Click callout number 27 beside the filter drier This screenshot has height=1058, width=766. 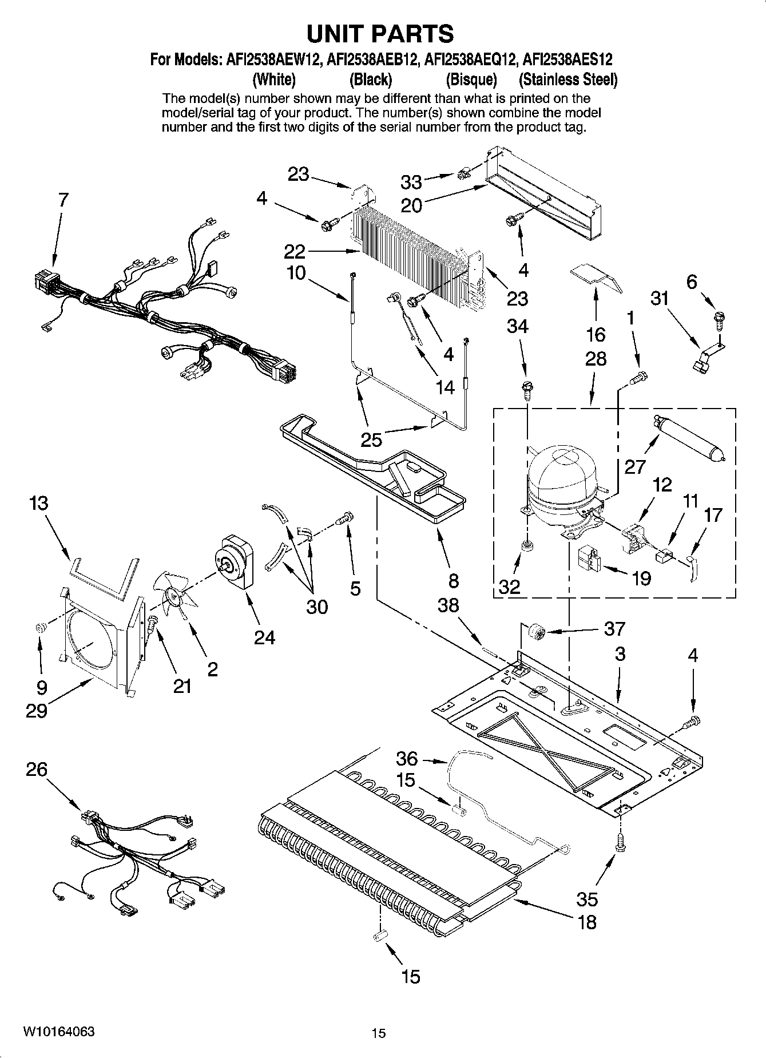click(x=634, y=467)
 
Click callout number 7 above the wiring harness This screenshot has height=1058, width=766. click(x=63, y=200)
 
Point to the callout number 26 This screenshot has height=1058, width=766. click(x=37, y=770)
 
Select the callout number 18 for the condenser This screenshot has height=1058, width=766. click(x=587, y=922)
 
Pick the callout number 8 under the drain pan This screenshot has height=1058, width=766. click(x=453, y=581)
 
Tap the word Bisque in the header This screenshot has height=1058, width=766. click(x=471, y=79)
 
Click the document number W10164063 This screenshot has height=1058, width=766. click(x=59, y=1031)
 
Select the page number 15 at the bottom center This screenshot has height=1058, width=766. click(x=378, y=1033)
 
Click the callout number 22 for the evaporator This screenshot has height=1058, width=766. click(x=303, y=251)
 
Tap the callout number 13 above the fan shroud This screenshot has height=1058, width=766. click(x=39, y=504)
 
